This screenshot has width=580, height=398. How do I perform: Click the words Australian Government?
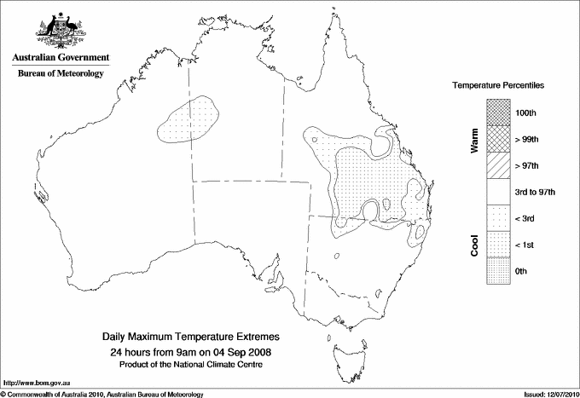point(60,58)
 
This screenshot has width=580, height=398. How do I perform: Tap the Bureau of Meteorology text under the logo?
point(61,73)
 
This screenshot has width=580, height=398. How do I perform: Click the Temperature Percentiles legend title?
point(499,87)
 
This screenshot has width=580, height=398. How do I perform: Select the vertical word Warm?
point(474,141)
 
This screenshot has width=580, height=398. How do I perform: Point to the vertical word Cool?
point(474,245)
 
